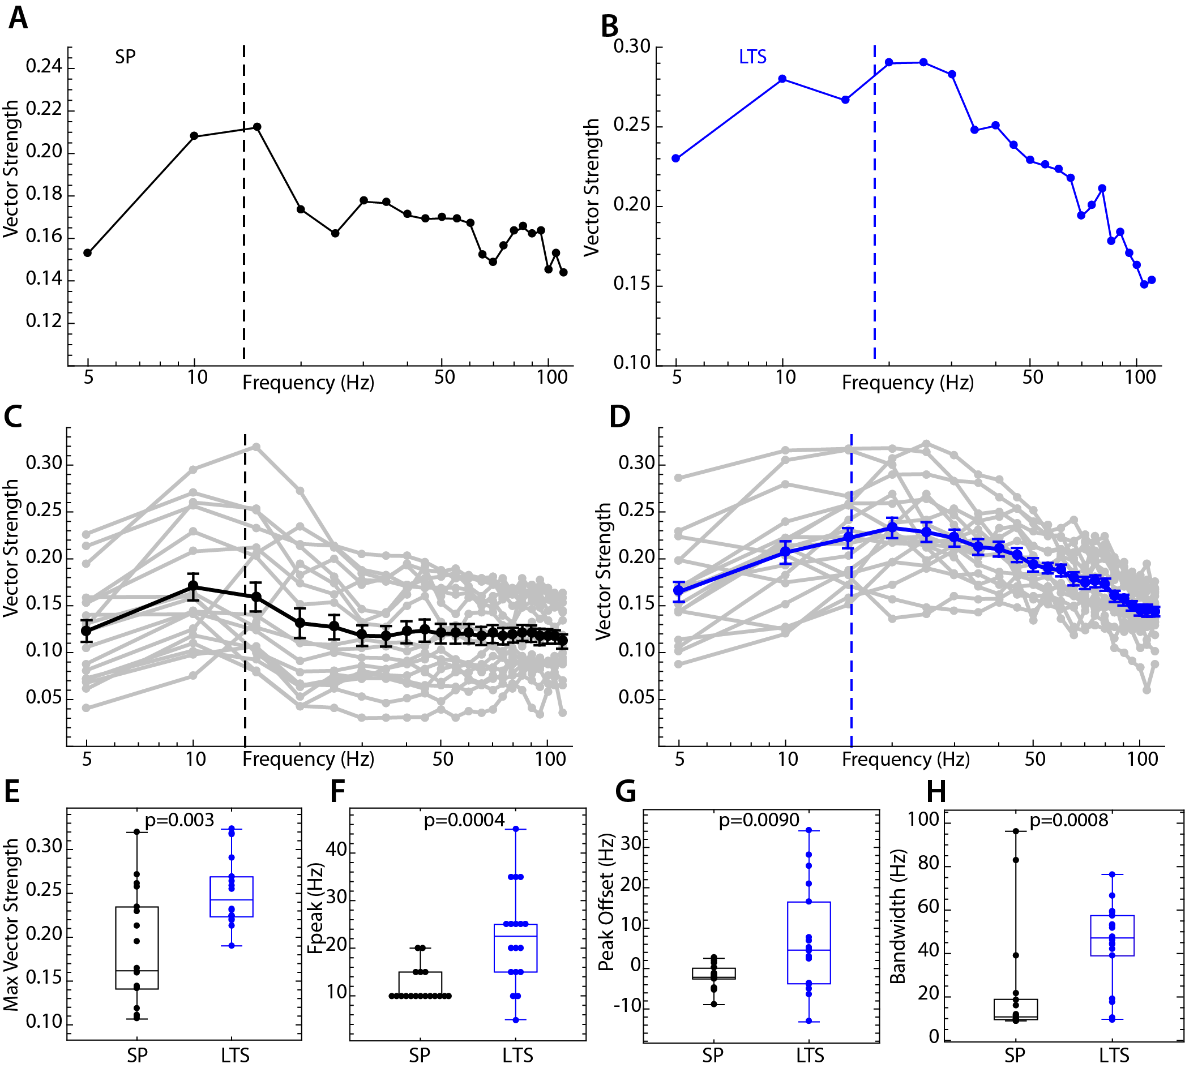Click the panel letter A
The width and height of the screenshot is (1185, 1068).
click(x=18, y=18)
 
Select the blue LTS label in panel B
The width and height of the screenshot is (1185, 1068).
click(x=752, y=57)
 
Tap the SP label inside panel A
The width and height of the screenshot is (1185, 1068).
click(x=125, y=57)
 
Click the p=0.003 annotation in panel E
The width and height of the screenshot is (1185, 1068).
click(x=179, y=820)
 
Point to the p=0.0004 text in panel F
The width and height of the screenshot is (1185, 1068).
click(x=464, y=820)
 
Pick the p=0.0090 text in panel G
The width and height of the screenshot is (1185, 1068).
click(x=759, y=820)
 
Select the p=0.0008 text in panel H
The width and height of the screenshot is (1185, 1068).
click(x=1069, y=820)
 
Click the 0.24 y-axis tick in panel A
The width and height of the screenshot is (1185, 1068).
click(x=44, y=66)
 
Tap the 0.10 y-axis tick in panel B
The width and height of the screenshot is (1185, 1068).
click(x=631, y=363)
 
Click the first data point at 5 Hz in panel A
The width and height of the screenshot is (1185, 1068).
click(x=87, y=253)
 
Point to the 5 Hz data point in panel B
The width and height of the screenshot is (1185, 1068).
click(x=675, y=158)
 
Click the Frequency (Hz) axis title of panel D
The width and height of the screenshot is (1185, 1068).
click(x=906, y=760)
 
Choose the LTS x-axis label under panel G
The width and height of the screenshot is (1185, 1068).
click(x=810, y=1056)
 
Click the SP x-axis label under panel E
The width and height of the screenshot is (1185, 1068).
click(x=138, y=1056)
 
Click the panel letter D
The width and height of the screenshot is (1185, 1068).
click(x=620, y=417)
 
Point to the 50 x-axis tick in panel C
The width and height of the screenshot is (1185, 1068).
click(x=443, y=760)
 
